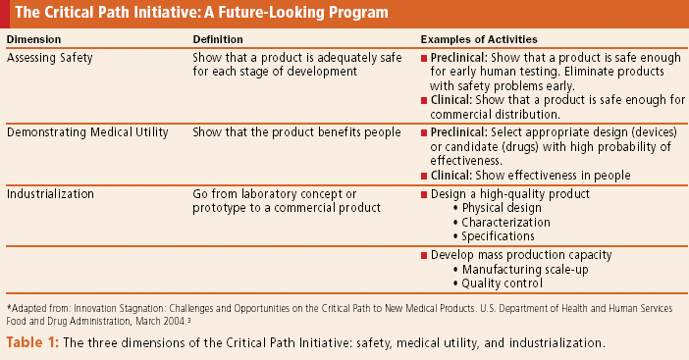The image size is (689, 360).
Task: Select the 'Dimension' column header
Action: (35, 39)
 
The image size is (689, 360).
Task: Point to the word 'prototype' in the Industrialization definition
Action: (222, 208)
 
